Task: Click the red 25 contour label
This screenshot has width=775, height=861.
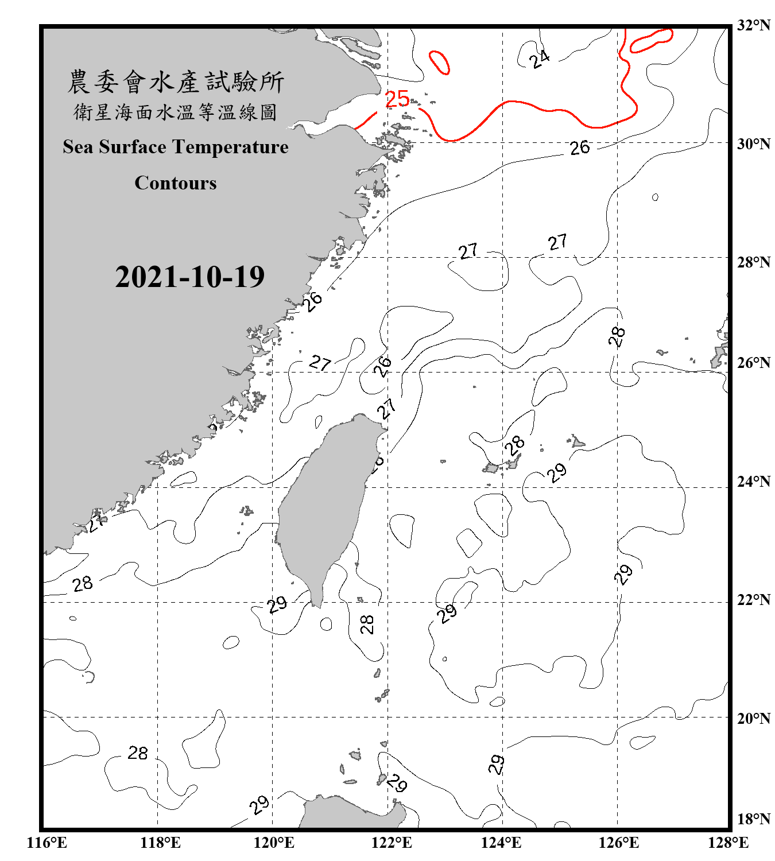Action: [x=397, y=99]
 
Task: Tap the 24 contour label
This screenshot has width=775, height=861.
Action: [x=539, y=59]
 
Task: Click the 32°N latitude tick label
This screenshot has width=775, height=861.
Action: [x=753, y=25]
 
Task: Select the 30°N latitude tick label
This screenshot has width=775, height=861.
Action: [x=753, y=143]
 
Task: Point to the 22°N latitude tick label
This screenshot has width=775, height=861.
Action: [x=753, y=600]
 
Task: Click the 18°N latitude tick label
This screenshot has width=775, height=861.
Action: [x=753, y=819]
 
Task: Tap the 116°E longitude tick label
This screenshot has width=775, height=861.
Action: [x=46, y=843]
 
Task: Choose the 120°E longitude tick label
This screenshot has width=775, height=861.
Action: [x=274, y=843]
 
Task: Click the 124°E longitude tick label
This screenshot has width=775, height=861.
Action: [x=501, y=843]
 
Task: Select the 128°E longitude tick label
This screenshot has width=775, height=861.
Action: [x=728, y=843]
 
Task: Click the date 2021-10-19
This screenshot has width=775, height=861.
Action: [x=189, y=277]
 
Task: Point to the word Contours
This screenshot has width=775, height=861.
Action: [x=176, y=183]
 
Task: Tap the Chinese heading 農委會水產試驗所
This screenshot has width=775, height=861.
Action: [x=176, y=82]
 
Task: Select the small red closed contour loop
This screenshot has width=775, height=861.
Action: [x=439, y=63]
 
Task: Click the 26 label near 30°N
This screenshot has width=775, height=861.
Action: [x=580, y=148]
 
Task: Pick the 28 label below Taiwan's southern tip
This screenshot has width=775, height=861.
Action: [x=366, y=624]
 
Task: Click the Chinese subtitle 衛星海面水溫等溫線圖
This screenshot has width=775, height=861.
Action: [x=176, y=112]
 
